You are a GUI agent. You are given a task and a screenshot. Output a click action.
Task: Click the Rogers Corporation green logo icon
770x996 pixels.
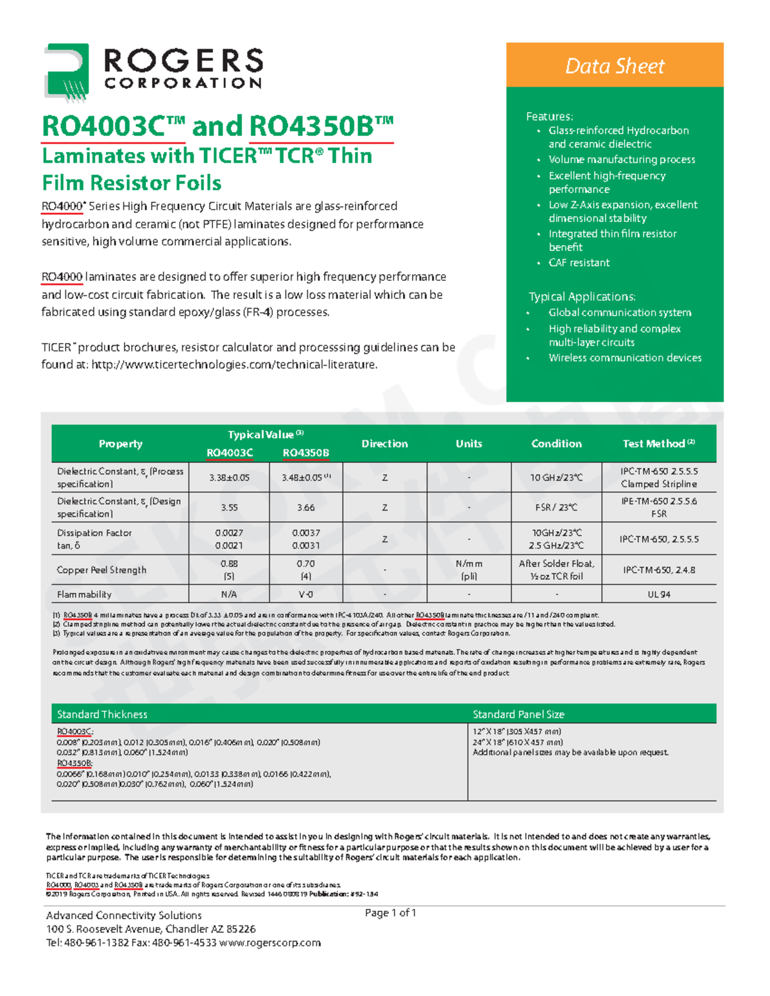click(x=66, y=72)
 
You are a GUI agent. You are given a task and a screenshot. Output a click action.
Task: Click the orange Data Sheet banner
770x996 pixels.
click(x=614, y=65)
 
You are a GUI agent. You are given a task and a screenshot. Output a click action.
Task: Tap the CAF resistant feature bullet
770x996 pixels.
click(x=579, y=262)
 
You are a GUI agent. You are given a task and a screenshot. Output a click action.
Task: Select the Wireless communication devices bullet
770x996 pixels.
click(x=624, y=358)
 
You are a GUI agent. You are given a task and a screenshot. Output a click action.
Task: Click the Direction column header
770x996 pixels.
click(x=384, y=444)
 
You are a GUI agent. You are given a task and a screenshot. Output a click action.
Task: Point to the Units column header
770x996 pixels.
click(x=468, y=444)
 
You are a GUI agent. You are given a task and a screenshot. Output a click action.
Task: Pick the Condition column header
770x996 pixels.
click(x=556, y=444)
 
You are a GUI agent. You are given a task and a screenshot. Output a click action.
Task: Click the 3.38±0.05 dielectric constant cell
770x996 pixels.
click(x=229, y=478)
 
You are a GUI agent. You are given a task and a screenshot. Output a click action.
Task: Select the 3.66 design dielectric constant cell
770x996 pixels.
click(x=305, y=507)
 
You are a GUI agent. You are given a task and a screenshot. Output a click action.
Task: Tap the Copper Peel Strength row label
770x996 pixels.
click(x=101, y=570)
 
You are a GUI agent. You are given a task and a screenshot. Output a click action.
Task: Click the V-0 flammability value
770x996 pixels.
click(x=305, y=595)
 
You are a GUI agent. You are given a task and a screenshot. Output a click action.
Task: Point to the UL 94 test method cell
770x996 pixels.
click(x=658, y=595)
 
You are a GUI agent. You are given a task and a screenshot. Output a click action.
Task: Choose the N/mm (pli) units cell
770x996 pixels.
click(x=468, y=570)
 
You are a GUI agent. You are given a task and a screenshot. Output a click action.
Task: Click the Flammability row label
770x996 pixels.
click(x=84, y=595)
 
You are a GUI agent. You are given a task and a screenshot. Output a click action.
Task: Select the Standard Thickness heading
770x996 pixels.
click(x=102, y=714)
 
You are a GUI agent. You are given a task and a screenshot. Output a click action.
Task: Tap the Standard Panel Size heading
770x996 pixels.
click(x=518, y=714)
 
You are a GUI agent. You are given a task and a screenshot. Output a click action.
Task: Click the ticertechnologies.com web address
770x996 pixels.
click(x=234, y=365)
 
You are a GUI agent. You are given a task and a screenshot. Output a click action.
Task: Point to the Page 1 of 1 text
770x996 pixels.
click(x=390, y=913)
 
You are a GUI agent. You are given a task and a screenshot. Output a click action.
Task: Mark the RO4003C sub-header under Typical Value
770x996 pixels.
click(x=230, y=453)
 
